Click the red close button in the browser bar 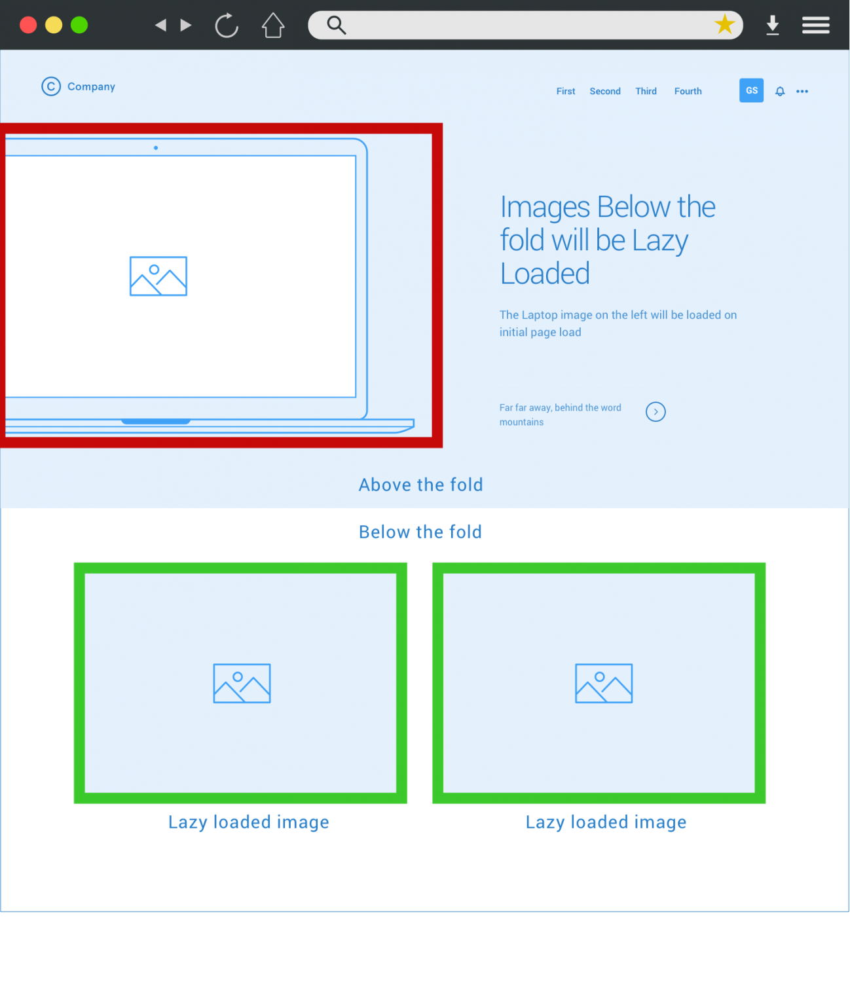point(28,26)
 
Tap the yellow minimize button point(54,26)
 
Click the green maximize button point(79,26)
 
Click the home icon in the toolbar point(273,26)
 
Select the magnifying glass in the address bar point(336,26)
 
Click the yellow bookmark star point(724,25)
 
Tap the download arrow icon point(773,26)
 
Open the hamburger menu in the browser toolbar point(815,26)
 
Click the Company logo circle point(51,86)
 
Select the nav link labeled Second point(605,92)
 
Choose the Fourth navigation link point(688,92)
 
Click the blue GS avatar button point(751,90)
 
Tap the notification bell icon point(780,92)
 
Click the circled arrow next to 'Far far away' point(656,412)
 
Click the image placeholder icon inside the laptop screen point(158,276)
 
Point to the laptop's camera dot point(156,148)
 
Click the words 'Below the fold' point(420,532)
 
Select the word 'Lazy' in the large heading point(660,241)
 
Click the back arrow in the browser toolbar point(160,26)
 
